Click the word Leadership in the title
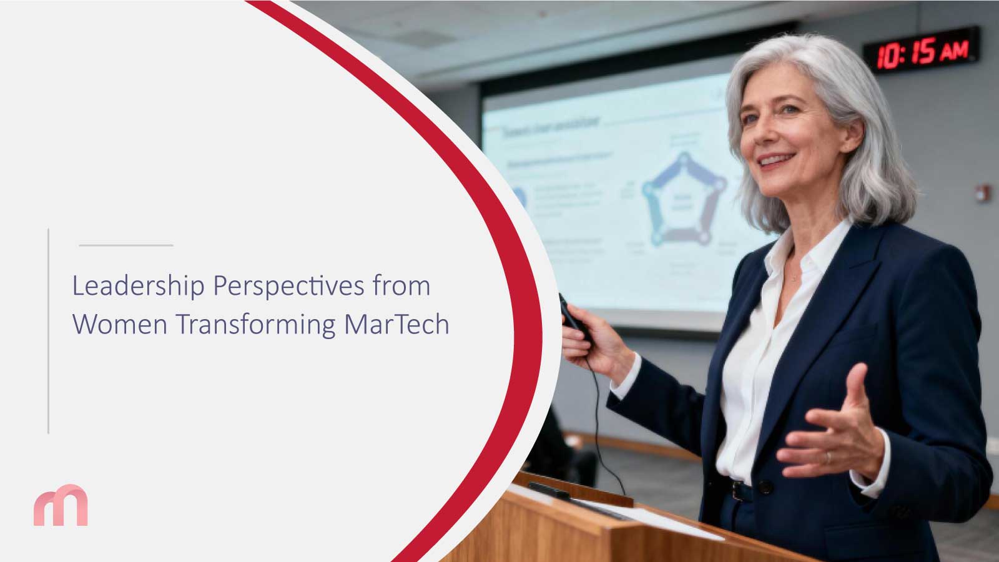[x=138, y=287]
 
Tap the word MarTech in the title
[x=396, y=325]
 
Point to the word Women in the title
[x=120, y=325]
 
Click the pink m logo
[x=61, y=505]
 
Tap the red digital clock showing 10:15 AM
[x=922, y=50]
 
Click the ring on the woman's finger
[x=829, y=458]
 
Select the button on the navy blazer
[x=763, y=486]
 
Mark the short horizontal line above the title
[x=126, y=245]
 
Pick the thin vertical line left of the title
[x=48, y=331]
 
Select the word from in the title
[x=402, y=287]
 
